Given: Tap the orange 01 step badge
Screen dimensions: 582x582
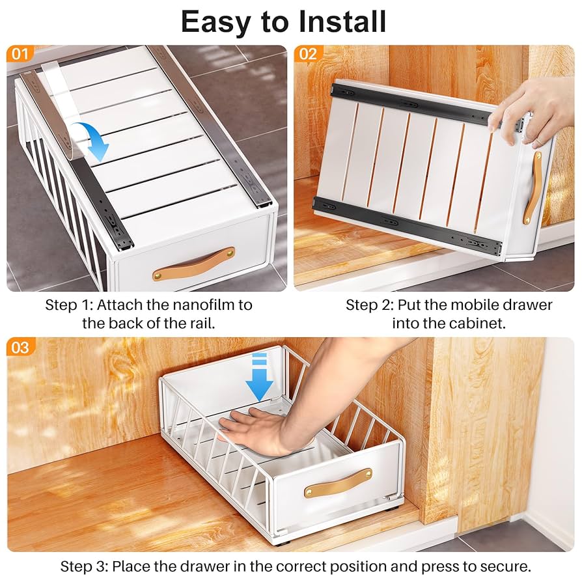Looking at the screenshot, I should (x=20, y=53).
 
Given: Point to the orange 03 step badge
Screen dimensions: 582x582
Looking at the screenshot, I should (x=20, y=347).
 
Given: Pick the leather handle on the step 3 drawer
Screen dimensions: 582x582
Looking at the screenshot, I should (x=338, y=482).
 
